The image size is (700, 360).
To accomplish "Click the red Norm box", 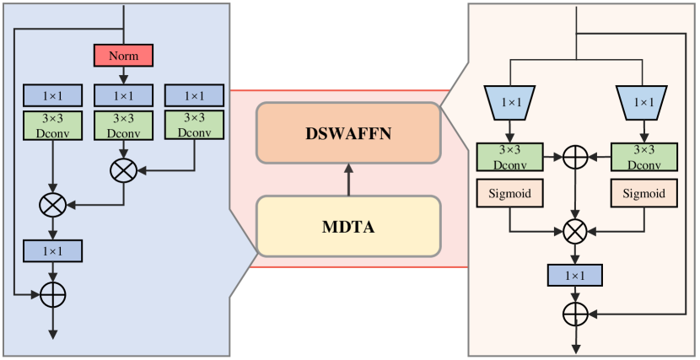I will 123,56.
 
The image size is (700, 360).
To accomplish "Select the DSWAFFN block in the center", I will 348,133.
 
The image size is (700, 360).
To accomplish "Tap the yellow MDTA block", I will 348,226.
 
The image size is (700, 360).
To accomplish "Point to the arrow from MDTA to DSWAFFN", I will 348,180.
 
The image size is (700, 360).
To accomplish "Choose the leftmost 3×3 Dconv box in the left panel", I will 52,125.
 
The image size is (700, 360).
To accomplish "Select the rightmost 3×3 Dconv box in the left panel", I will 195,125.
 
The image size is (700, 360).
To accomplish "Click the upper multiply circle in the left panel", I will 124,170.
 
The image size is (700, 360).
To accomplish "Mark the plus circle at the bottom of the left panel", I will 52,294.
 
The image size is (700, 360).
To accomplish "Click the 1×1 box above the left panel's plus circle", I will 52,250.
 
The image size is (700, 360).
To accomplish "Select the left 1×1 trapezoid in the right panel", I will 508,102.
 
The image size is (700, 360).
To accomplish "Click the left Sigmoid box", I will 509,194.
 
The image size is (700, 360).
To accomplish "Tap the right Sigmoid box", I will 644,194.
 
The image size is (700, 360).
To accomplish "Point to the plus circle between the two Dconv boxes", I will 576,158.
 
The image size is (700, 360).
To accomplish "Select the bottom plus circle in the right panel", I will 576,314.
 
